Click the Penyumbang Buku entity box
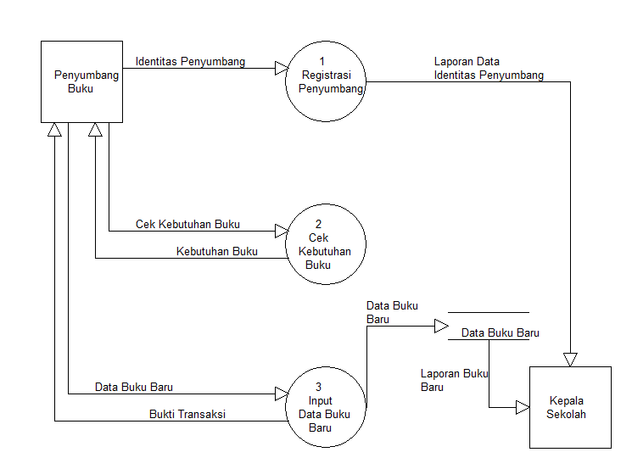(x=81, y=81)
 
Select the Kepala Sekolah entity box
(x=570, y=407)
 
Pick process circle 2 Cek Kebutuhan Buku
(x=326, y=244)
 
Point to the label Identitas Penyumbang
(x=190, y=61)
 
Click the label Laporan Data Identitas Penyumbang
(x=489, y=69)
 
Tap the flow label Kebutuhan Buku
(x=216, y=252)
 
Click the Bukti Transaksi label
(x=187, y=415)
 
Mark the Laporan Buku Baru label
(x=453, y=380)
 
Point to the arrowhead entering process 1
(x=281, y=68)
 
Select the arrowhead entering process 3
(x=281, y=394)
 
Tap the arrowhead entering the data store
(x=441, y=327)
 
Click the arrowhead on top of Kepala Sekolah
(x=570, y=360)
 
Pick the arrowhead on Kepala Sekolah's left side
(x=523, y=408)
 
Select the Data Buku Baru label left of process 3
(x=134, y=388)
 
